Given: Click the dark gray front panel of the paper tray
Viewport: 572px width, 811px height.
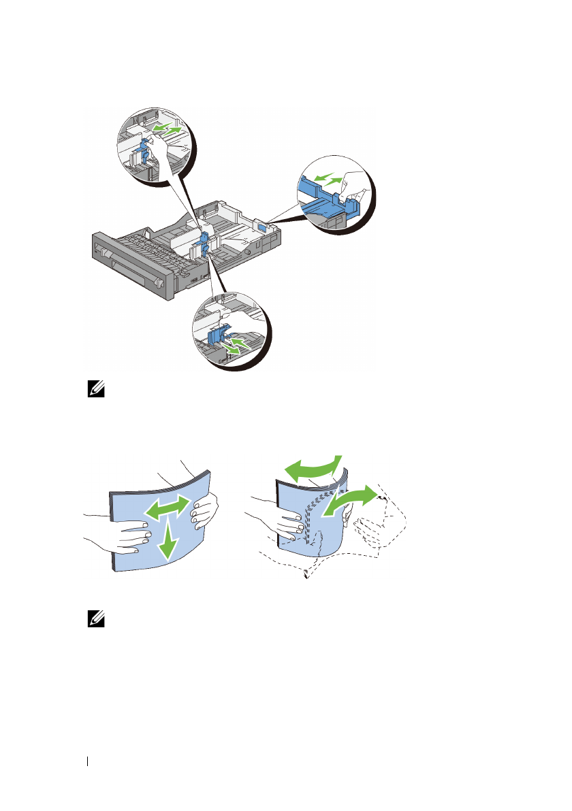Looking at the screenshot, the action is point(133,265).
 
